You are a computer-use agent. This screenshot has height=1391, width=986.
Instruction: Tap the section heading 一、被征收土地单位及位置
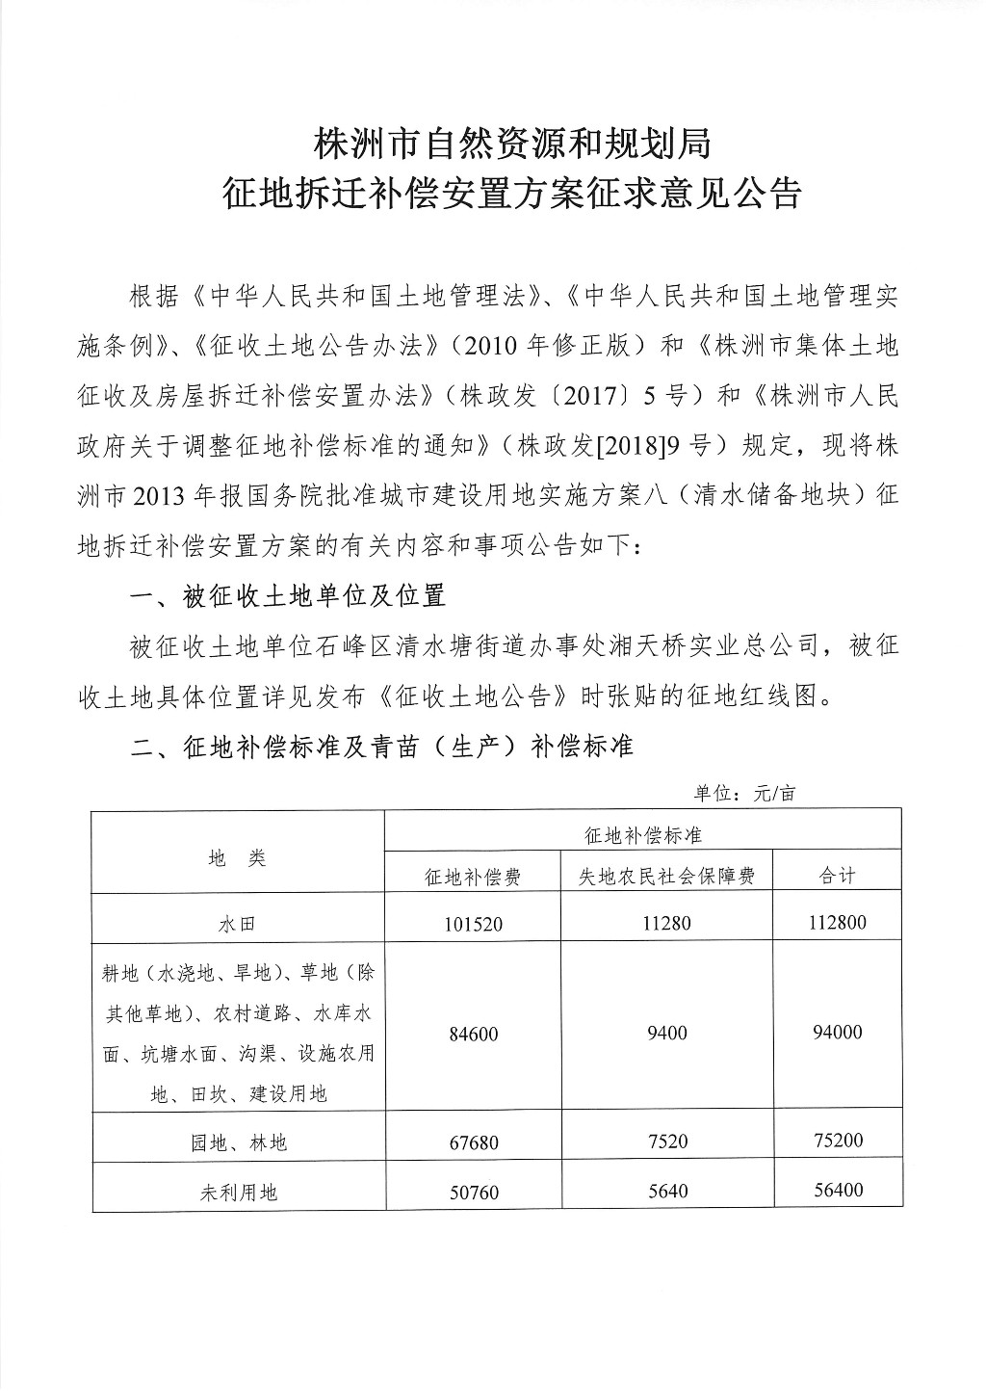(288, 596)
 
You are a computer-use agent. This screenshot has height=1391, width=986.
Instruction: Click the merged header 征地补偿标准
(642, 835)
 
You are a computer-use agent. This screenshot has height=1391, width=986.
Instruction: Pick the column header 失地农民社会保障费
(665, 876)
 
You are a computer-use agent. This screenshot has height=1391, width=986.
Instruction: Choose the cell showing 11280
(665, 923)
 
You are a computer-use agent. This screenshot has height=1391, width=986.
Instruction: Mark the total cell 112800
(836, 923)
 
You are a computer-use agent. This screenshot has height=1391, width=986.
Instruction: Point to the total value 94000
(836, 1033)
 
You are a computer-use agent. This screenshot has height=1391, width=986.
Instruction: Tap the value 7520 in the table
(665, 1142)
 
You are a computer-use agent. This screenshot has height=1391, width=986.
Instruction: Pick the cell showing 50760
(474, 1193)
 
